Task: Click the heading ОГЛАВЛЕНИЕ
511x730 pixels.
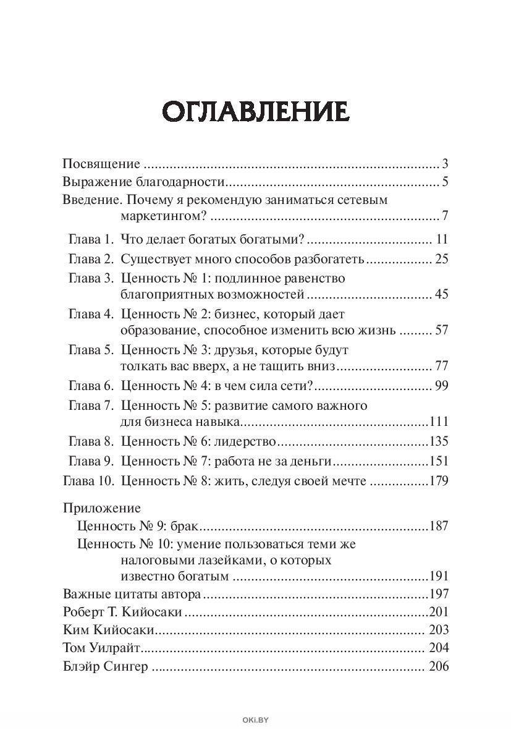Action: click(x=255, y=112)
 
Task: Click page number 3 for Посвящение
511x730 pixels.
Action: click(x=444, y=164)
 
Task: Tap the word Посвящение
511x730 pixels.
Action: click(x=102, y=164)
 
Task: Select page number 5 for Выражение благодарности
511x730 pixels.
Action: click(x=444, y=182)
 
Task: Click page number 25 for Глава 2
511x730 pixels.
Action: click(x=441, y=258)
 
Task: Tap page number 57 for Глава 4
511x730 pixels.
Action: click(x=441, y=330)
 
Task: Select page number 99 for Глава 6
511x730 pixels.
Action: click(x=441, y=386)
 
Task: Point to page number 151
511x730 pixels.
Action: click(x=437, y=461)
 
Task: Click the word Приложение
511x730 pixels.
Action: click(x=102, y=508)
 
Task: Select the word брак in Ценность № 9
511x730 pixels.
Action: click(x=189, y=527)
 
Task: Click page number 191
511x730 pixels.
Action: click(x=437, y=576)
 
